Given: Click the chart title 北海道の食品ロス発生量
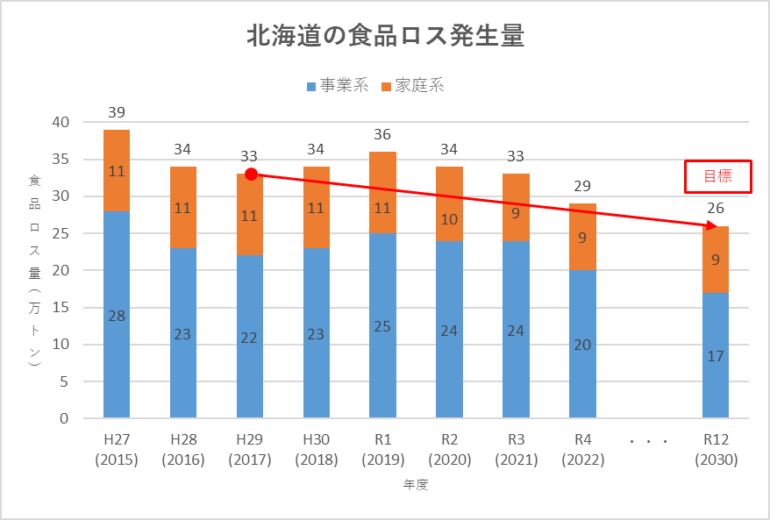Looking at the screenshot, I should pyautogui.click(x=385, y=38).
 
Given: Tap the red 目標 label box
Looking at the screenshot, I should pyautogui.click(x=717, y=176).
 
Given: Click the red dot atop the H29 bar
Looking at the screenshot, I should pyautogui.click(x=251, y=175).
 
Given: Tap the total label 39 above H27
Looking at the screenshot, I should pyautogui.click(x=117, y=112).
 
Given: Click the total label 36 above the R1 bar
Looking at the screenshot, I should pyautogui.click(x=382, y=135).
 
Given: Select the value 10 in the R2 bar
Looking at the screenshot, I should pyautogui.click(x=449, y=219).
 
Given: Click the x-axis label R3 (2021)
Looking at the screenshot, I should pyautogui.click(x=516, y=450).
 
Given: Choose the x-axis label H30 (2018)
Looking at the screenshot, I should pyautogui.click(x=316, y=450).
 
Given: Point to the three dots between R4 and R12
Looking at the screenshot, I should pyautogui.click(x=649, y=441).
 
